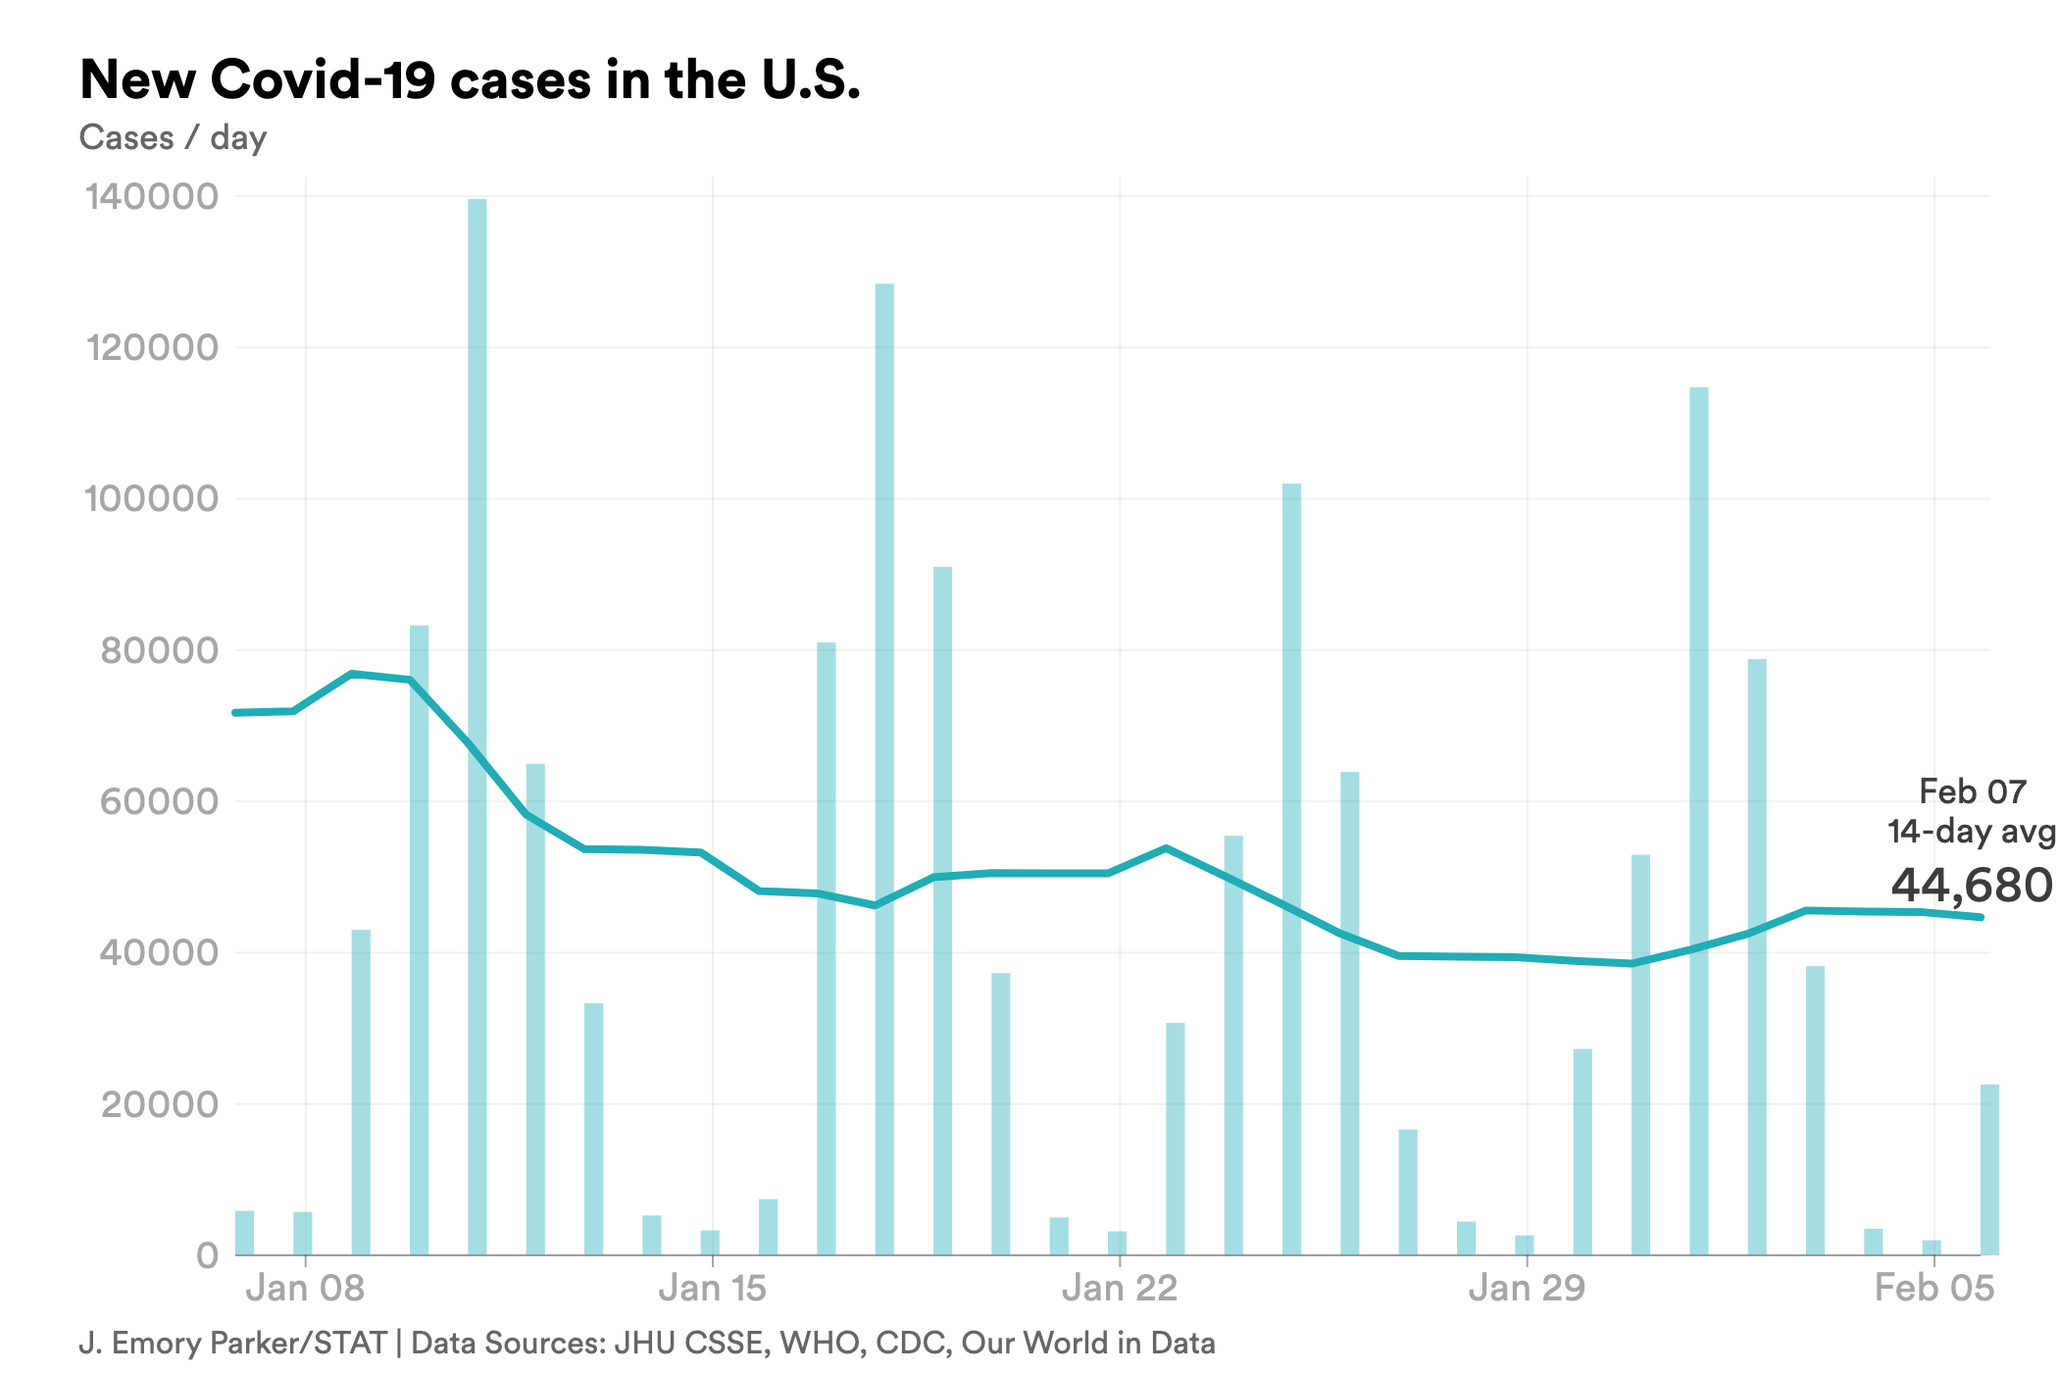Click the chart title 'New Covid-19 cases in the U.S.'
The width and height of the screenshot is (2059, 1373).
470,80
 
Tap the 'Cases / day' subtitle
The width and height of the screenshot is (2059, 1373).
173,137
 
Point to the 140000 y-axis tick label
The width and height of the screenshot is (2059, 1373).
152,196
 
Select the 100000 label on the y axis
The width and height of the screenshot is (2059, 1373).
152,498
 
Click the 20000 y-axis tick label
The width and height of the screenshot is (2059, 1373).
160,1104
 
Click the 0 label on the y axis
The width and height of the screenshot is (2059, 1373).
207,1255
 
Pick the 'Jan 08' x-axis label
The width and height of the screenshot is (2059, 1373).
305,1288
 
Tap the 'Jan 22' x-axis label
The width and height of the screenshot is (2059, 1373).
1120,1288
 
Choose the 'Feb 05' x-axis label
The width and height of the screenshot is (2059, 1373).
1933,1288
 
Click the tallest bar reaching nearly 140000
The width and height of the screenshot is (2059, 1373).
477,726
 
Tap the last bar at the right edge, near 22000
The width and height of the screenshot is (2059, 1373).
1989,1169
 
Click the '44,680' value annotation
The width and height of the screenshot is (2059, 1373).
1971,886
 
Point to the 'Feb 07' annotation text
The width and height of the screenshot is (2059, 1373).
1972,791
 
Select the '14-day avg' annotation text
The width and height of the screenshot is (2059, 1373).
1971,832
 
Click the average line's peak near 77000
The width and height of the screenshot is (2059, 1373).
352,674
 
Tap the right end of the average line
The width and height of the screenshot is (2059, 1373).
1981,917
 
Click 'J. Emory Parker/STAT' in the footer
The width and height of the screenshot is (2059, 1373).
232,1343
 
